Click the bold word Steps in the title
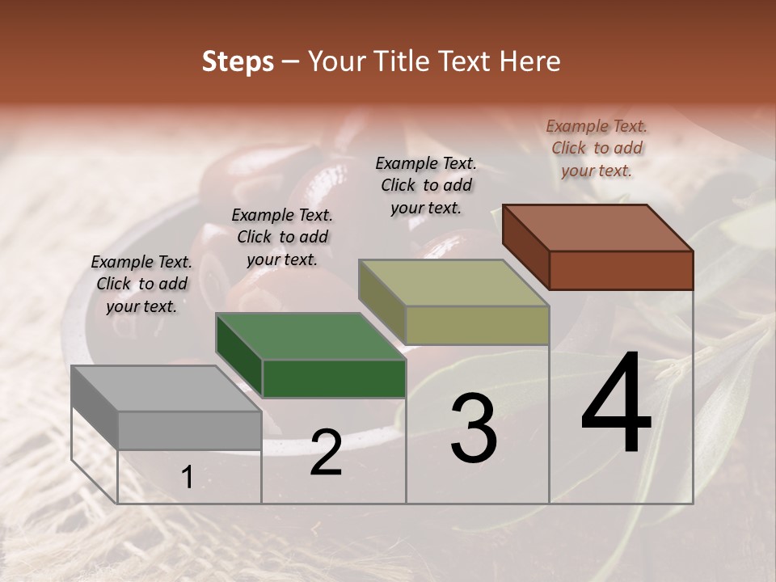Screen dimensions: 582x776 (238, 61)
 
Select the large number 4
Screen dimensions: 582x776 (616, 404)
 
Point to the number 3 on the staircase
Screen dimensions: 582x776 (474, 428)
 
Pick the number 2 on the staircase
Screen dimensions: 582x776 (326, 453)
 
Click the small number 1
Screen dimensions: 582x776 (187, 478)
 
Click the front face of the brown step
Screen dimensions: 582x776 (621, 270)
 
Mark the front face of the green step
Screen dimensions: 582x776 (334, 378)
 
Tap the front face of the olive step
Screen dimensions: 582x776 (477, 325)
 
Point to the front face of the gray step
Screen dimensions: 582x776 (190, 430)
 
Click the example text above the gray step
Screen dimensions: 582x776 (141, 284)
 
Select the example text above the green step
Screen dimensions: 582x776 (282, 237)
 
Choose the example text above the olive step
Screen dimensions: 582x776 (426, 185)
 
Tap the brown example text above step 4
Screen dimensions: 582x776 (597, 148)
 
